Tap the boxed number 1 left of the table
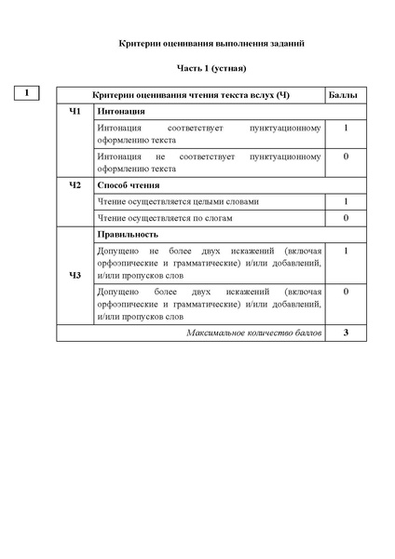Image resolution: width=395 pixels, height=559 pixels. pos(28,92)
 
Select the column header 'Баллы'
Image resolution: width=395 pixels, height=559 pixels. pos(345,95)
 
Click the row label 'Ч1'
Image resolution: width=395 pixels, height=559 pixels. pos(75,112)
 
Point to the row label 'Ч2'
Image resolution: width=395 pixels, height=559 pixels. pos(75,184)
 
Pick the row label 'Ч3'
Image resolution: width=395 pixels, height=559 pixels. pos(75,275)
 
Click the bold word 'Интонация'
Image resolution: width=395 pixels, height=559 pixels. pos(121,112)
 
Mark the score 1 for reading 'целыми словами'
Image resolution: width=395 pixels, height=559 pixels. pos(345,200)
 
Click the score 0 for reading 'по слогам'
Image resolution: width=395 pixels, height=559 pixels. pos(345,217)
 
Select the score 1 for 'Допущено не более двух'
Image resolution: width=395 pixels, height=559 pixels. pos(345,251)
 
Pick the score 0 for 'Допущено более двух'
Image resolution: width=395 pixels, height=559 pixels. pos(345,292)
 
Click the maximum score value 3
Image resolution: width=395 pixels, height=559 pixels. pos(345,332)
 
